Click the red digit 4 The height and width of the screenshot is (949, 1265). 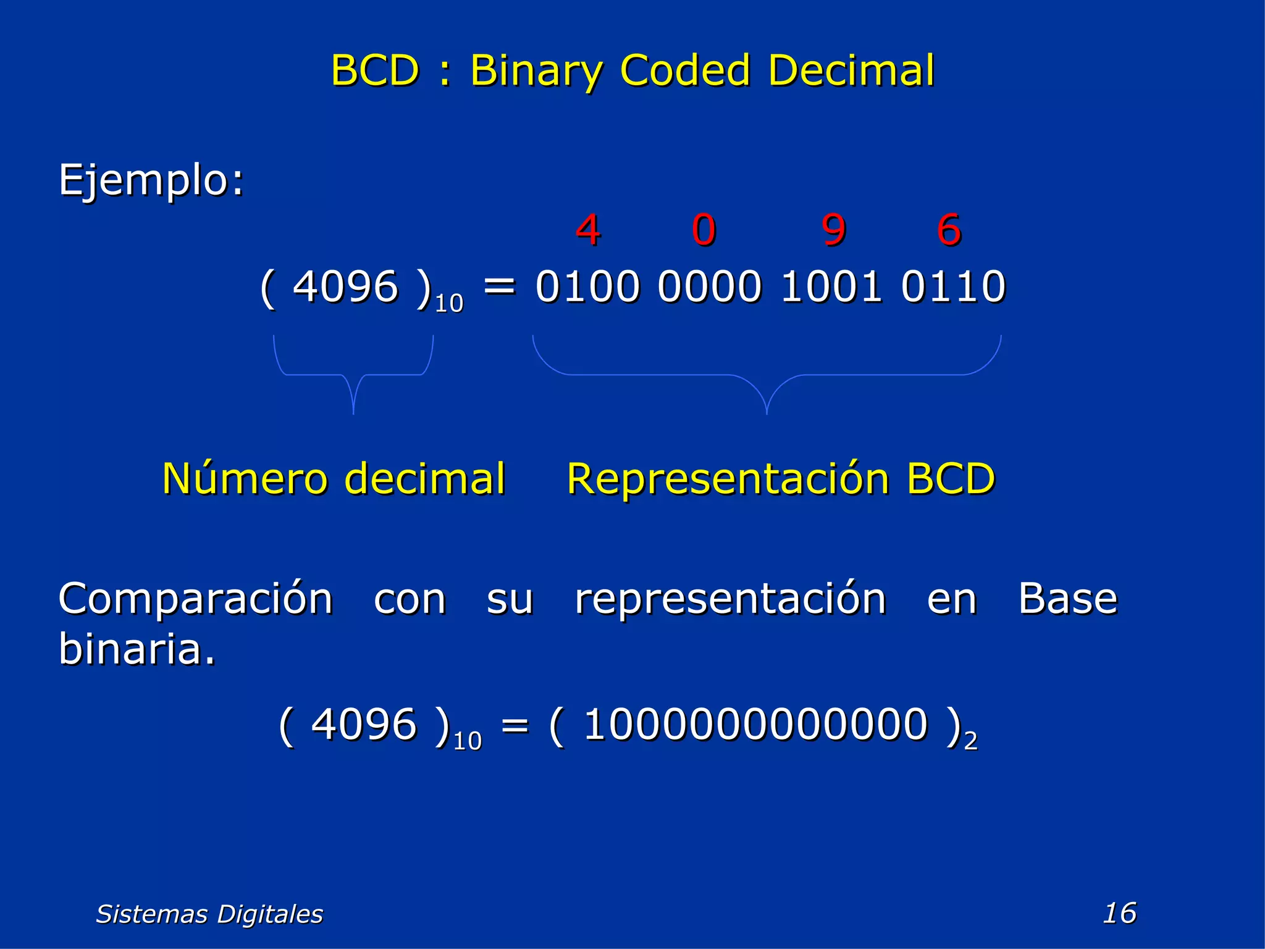[x=587, y=230]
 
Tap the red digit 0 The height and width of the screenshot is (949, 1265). [x=704, y=230]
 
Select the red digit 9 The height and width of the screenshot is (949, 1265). [x=833, y=230]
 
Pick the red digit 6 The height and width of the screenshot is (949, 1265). [x=949, y=230]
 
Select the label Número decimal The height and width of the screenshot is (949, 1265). [x=334, y=479]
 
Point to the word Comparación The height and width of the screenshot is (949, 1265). [x=196, y=599]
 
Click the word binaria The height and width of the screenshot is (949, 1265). [x=137, y=649]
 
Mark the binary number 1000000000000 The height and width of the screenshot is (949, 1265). [x=755, y=724]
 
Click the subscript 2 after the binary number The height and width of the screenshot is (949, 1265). [x=970, y=741]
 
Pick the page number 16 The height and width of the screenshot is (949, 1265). [x=1119, y=913]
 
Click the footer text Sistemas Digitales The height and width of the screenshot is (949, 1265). [x=209, y=914]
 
